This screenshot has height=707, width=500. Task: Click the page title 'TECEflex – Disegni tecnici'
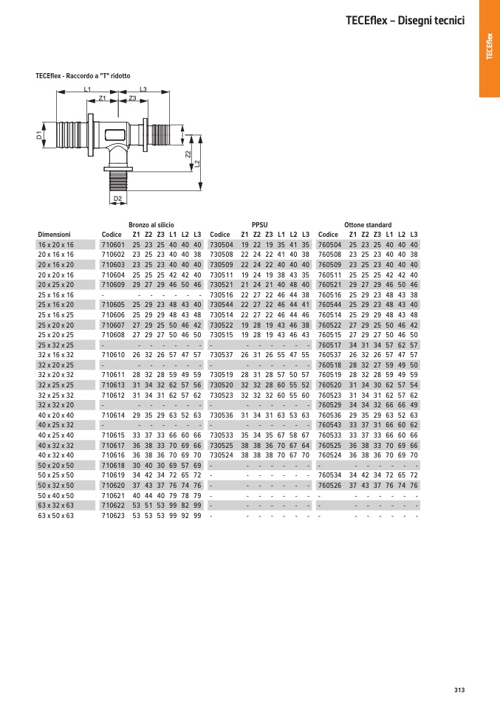pos(404,21)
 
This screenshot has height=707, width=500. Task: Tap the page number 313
pos(459,690)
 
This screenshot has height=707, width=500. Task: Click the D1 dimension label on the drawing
pos(39,136)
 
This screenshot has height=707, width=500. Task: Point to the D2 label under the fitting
pos(117,199)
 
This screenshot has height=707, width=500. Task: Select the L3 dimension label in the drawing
pos(143,89)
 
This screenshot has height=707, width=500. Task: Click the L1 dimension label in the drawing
pos(87,89)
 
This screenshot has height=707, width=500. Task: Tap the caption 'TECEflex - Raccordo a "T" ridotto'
pos(83,75)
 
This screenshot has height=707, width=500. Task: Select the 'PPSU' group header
pos(260,224)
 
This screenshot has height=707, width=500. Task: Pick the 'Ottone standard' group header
pos(368,224)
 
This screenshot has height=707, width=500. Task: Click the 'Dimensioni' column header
pos(54,235)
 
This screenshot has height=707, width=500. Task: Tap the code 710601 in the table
pos(113,244)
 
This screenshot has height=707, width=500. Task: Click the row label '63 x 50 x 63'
pos(56,516)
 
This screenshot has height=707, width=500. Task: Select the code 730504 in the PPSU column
pos(222,244)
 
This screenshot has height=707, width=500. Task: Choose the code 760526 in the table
pos(329,486)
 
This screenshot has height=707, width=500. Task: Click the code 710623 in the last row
pos(113,516)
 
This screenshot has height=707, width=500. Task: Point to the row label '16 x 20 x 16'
pos(56,244)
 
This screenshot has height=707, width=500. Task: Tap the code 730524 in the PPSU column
pos(222,455)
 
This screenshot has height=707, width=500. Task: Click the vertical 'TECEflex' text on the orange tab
pos(488,49)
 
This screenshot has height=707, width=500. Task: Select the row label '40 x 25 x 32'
pos(56,425)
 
